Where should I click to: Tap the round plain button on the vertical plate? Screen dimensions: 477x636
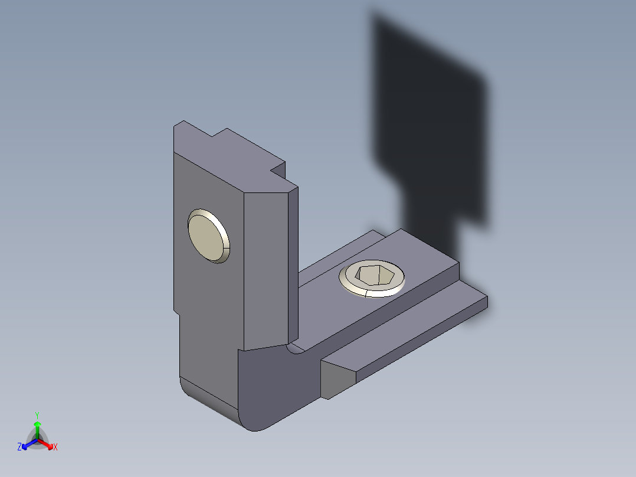pos(207,234)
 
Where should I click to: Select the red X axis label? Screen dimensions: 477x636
pos(55,447)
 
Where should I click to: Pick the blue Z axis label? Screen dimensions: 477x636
pos(19,447)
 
